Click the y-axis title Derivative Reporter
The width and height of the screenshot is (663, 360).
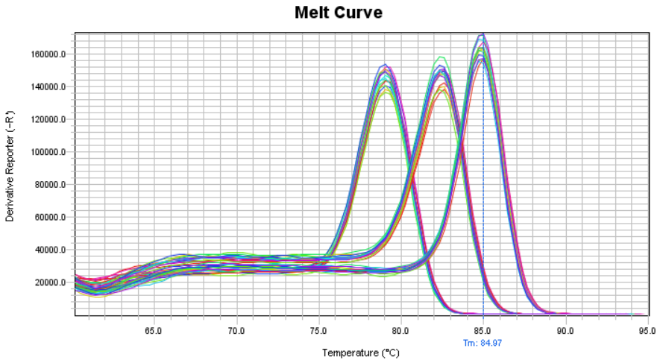tap(10, 172)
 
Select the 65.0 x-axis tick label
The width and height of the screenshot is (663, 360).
tap(154, 329)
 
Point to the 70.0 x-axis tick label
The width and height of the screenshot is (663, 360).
tap(236, 329)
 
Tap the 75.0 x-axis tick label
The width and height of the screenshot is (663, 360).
tap(318, 329)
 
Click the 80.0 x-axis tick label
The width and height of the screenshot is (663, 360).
tap(401, 329)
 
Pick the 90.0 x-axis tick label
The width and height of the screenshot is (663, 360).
tap(566, 329)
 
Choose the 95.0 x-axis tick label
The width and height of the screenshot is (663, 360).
tap(647, 329)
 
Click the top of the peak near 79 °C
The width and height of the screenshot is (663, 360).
tap(386, 65)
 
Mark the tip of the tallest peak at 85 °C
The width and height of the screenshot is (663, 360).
tap(483, 34)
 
